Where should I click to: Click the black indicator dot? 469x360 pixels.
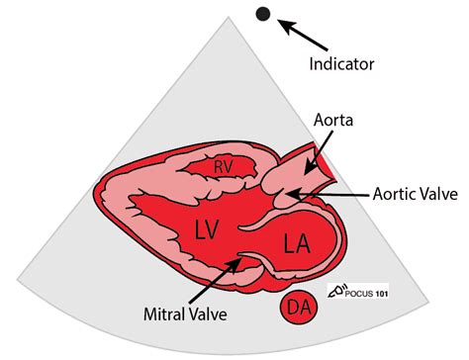(263, 14)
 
